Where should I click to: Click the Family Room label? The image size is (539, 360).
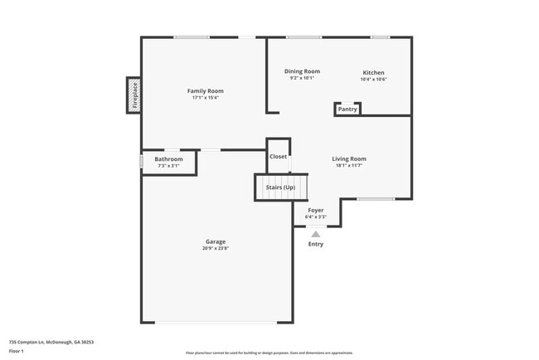pos(205,90)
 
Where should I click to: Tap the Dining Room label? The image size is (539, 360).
pos(302,71)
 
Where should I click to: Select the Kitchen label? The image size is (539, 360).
pos(373,72)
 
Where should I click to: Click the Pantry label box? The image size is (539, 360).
pos(347,109)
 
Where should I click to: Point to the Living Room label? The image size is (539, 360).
pos(349,158)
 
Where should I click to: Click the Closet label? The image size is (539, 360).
pos(278,156)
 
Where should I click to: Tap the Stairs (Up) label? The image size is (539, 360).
pos(280,187)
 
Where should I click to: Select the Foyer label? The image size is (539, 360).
pos(316,210)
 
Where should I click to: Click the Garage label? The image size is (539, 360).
pos(216,241)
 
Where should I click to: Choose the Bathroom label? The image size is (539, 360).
pos(168,158)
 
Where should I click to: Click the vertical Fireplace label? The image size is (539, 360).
pos(134,95)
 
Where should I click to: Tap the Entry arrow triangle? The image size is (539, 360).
pos(316,234)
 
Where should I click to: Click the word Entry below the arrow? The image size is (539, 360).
pos(316,244)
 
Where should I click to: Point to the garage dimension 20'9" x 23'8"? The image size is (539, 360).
pos(216,248)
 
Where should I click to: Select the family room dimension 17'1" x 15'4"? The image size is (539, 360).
pos(205,98)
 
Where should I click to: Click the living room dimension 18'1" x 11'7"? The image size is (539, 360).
pos(349,166)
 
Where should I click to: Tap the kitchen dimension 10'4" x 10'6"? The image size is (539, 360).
pos(373,80)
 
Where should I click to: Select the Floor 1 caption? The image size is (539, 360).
pos(17,351)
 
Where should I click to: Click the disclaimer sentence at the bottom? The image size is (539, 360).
pos(269,352)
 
